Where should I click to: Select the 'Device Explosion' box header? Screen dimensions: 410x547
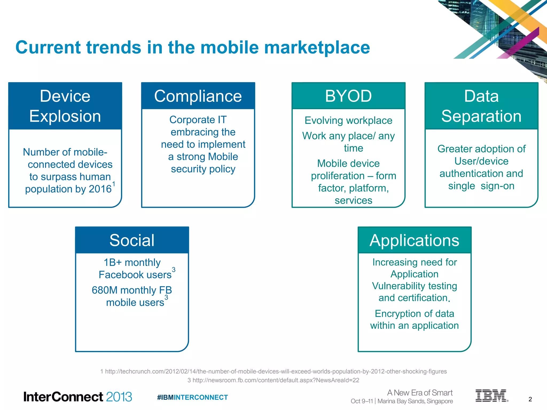[65, 106]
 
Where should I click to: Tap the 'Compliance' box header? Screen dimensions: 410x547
[198, 96]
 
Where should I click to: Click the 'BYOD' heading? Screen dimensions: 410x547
[348, 96]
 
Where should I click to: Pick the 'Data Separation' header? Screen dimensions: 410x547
[481, 106]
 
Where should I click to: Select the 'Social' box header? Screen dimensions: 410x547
[132, 240]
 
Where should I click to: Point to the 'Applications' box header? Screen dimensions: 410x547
[414, 240]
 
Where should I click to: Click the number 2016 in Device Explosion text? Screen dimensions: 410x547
[100, 189]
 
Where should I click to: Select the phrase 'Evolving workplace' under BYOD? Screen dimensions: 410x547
[348, 120]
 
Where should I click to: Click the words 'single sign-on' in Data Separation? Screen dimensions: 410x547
[481, 186]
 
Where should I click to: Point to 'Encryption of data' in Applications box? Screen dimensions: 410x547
[414, 314]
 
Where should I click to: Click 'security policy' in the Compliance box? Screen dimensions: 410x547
[203, 169]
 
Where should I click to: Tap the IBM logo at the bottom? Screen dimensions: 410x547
[491, 396]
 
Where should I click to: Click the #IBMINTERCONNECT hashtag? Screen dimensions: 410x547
[192, 397]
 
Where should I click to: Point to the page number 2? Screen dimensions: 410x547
[530, 399]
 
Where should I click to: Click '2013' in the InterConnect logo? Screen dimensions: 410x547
[119, 397]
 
